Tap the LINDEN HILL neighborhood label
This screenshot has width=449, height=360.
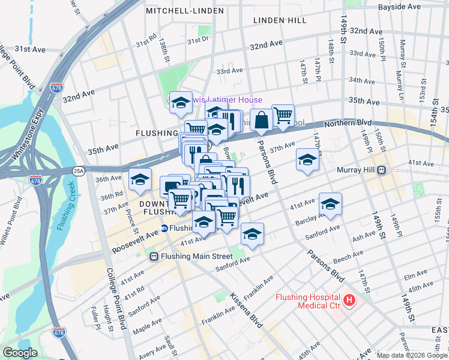pyautogui.click(x=280, y=20)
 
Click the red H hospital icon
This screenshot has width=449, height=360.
pyautogui.click(x=348, y=298)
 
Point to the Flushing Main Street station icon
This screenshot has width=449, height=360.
pyautogui.click(x=154, y=256)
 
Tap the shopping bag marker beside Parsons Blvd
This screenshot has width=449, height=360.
pyautogui.click(x=262, y=121)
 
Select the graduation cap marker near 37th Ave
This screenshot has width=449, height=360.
pyautogui.click(x=307, y=160)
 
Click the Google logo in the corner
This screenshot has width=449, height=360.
pyautogui.click(x=20, y=352)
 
